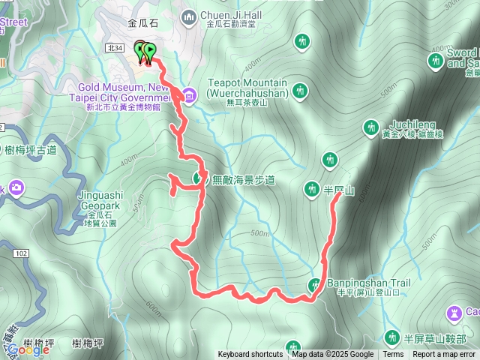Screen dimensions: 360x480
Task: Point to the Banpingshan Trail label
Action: (368, 283)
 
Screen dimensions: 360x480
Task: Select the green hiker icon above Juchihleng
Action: (370, 127)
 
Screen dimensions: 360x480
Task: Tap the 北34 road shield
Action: (115, 47)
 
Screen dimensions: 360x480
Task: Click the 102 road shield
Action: (20, 254)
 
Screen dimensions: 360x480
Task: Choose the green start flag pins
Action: (145, 52)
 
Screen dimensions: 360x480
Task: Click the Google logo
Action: (29, 349)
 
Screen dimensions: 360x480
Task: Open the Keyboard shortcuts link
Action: (250, 355)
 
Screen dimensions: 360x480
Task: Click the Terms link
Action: (393, 355)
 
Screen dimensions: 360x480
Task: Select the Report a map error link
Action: (444, 355)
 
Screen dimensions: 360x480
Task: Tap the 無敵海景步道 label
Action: (244, 179)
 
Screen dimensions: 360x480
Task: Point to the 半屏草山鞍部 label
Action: (434, 337)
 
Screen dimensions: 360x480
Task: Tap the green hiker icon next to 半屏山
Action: (313, 188)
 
